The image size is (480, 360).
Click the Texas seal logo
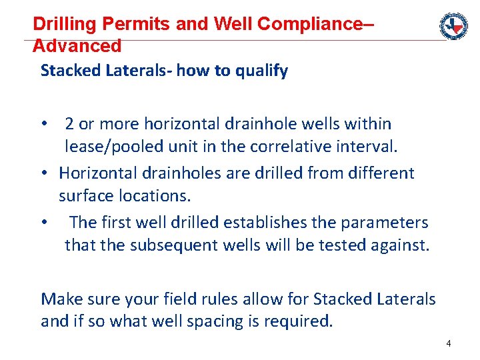pyautogui.click(x=453, y=26)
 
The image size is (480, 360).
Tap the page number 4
pyautogui.click(x=449, y=343)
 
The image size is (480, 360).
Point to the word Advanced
pyautogui.click(x=77, y=46)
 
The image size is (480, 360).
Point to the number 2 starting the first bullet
pyautogui.click(x=69, y=124)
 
